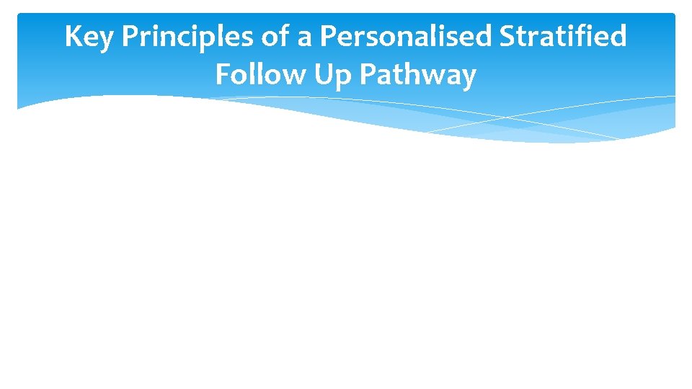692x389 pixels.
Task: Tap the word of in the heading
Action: [275, 37]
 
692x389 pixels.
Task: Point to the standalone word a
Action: [306, 38]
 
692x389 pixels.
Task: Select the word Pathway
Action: [418, 76]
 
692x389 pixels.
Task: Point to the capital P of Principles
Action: [130, 37]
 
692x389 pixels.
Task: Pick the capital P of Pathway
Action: [369, 74]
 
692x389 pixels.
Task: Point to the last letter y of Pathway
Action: [469, 78]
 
